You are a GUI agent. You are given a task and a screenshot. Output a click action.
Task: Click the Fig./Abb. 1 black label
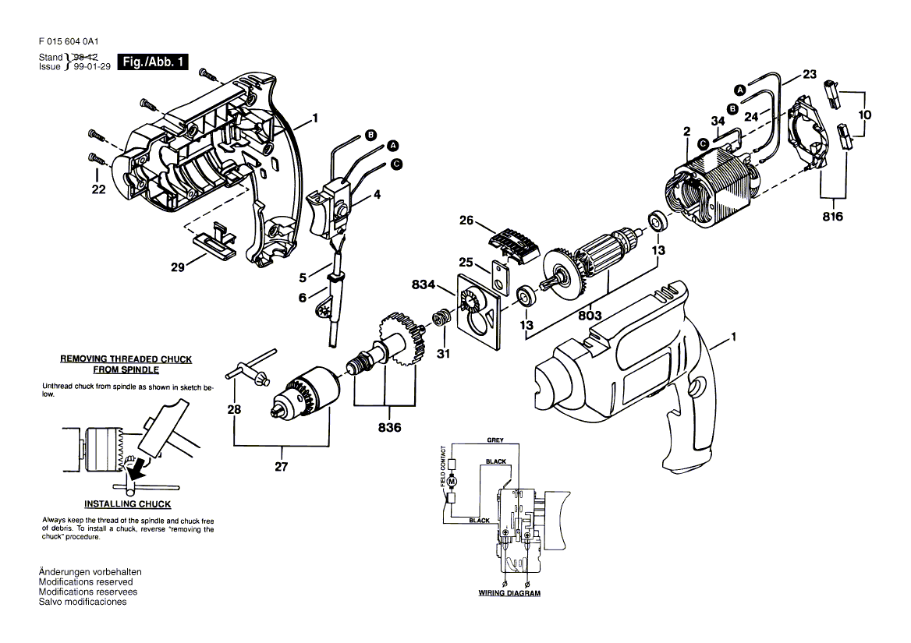point(153,62)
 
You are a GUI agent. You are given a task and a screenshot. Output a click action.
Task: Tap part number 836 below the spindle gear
point(389,428)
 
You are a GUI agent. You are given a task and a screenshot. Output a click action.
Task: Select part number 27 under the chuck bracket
point(282,467)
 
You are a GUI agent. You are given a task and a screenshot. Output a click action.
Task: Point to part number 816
point(832,217)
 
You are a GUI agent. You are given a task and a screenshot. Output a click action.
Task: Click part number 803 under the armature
point(590,316)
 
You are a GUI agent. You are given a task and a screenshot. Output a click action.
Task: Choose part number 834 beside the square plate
point(424,284)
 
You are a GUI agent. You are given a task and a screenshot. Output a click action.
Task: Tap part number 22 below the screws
point(99,189)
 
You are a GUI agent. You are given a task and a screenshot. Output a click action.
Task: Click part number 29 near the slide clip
point(178,267)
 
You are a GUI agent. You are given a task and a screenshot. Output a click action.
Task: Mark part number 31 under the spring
point(443,353)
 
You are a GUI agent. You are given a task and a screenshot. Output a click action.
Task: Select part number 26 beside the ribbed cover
point(466,221)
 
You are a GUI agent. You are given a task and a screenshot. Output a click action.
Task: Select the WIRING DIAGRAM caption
point(509,593)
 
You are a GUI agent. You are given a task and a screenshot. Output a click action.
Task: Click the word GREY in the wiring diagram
point(495,440)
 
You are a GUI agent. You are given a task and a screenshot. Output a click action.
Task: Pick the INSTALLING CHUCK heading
point(128,504)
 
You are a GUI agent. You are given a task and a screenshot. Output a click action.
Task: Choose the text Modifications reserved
point(86,582)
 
